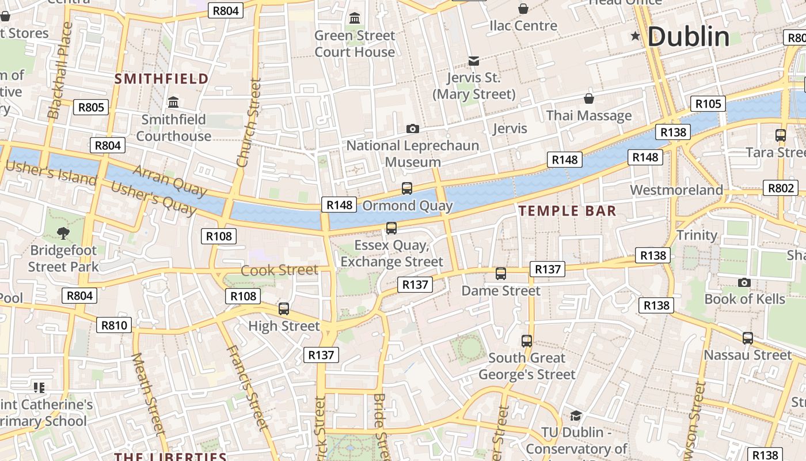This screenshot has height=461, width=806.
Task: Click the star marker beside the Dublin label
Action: pyautogui.click(x=636, y=36)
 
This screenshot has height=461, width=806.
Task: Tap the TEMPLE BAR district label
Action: pyautogui.click(x=567, y=211)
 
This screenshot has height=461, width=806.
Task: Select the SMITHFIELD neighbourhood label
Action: pyautogui.click(x=162, y=79)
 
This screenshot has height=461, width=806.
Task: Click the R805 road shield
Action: pyautogui.click(x=91, y=107)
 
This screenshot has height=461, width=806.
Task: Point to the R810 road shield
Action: pyautogui.click(x=114, y=325)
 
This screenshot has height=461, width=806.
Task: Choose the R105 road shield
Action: pyautogui.click(x=708, y=104)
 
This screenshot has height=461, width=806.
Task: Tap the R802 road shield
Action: pyautogui.click(x=781, y=188)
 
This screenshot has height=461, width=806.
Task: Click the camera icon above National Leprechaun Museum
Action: pyautogui.click(x=412, y=129)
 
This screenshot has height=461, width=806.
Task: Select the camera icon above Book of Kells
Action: pyautogui.click(x=744, y=282)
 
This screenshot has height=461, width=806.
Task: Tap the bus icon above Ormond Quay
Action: pyautogui.click(x=407, y=188)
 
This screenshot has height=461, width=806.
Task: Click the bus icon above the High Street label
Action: pyautogui.click(x=283, y=308)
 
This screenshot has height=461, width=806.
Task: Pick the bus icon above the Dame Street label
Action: pyautogui.click(x=501, y=274)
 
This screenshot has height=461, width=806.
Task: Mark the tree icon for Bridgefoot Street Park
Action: pyautogui.click(x=63, y=233)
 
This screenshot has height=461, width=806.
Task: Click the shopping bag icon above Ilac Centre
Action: pyautogui.click(x=523, y=9)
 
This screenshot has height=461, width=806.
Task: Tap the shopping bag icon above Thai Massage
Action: pyautogui.click(x=588, y=99)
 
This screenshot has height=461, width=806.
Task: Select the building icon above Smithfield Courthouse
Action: pyautogui.click(x=173, y=103)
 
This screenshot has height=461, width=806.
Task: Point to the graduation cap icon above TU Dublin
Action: pyautogui.click(x=576, y=415)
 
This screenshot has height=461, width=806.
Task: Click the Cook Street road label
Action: pyautogui.click(x=279, y=270)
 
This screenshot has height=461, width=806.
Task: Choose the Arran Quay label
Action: pyautogui.click(x=169, y=179)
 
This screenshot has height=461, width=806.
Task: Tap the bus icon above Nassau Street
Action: pyautogui.click(x=747, y=338)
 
